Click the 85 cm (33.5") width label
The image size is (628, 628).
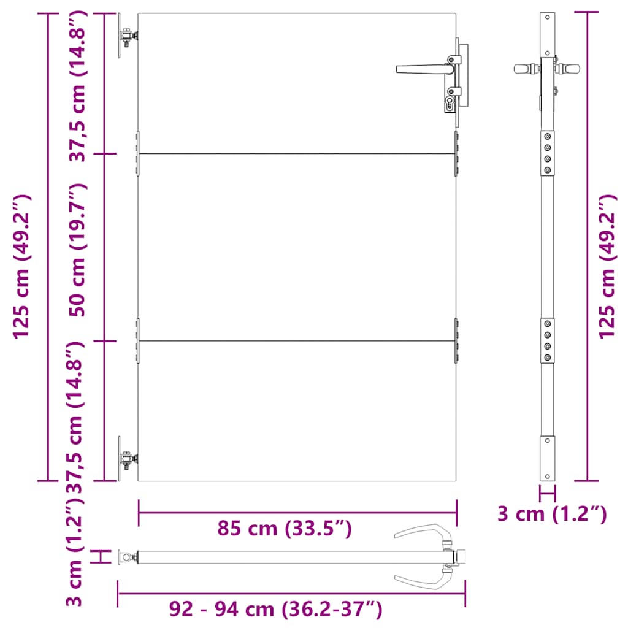(285, 528)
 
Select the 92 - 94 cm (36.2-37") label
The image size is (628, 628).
(275, 609)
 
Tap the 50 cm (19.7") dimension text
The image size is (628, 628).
(77, 250)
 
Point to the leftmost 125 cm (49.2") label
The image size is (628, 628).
(21, 267)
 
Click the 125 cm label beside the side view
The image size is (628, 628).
(607, 267)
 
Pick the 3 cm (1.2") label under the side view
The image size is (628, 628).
(553, 514)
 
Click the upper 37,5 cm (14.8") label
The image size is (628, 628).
(77, 86)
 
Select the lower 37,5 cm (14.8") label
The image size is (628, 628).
(76, 417)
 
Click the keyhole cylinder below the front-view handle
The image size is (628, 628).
(450, 104)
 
